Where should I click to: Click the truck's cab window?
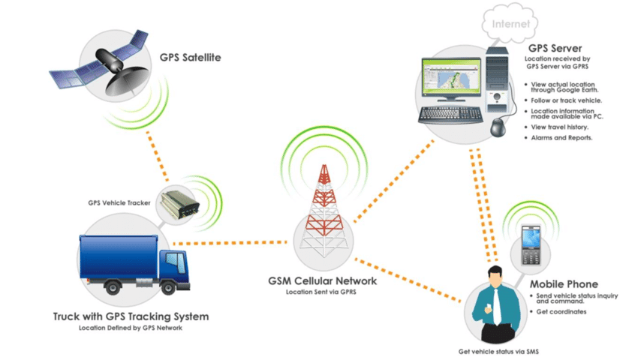tap(175, 263)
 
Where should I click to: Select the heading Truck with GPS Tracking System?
tap(131, 316)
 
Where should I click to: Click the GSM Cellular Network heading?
tap(322, 281)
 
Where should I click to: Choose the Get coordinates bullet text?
tap(562, 311)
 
